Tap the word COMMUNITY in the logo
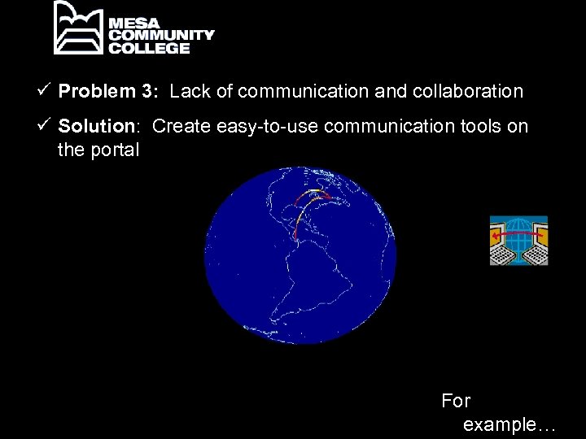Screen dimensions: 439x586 pos(162,35)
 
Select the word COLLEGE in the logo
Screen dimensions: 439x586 pos(150,48)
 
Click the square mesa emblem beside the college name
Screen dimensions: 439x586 pos(78,28)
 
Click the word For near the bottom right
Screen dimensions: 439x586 pos(456,400)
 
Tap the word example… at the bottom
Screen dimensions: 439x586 pos(509,424)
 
